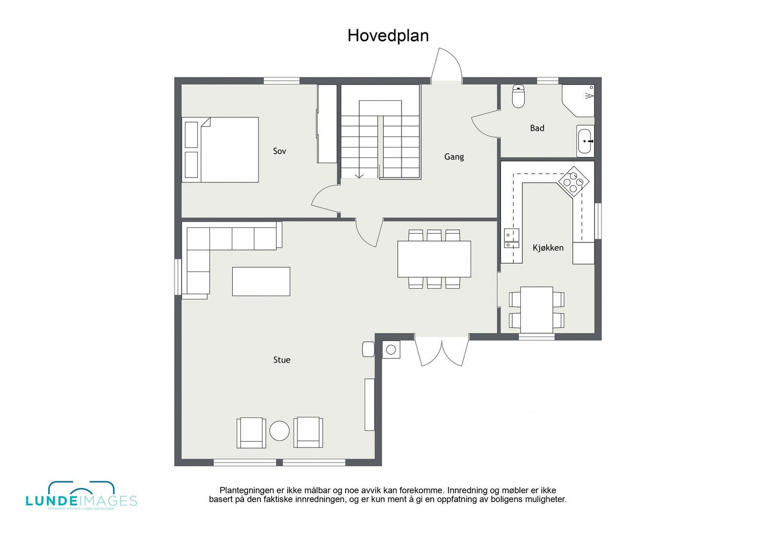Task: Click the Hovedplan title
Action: click(388, 35)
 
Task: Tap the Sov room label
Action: click(279, 151)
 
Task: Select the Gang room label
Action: click(454, 157)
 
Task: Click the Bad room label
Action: click(537, 128)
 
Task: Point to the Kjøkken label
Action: click(548, 248)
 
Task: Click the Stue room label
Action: click(282, 360)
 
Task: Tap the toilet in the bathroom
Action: click(518, 97)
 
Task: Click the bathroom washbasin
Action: click(585, 141)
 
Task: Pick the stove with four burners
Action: click(573, 181)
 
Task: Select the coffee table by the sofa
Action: click(261, 281)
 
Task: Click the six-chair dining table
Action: click(434, 259)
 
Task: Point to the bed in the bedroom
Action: click(221, 149)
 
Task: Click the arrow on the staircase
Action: click(359, 175)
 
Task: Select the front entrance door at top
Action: click(446, 65)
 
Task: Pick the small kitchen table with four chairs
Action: click(536, 309)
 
